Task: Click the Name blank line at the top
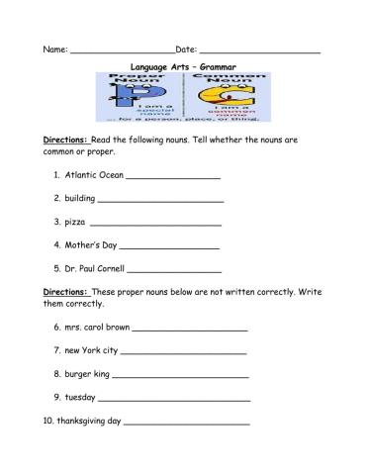pos(123,50)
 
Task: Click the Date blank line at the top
pos(259,50)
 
